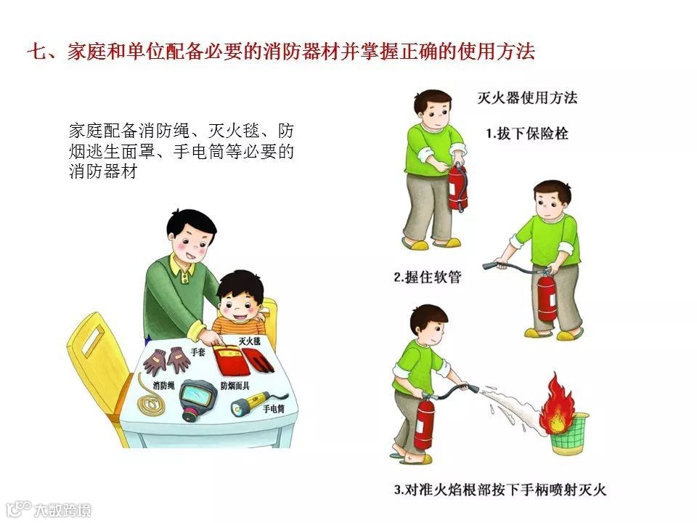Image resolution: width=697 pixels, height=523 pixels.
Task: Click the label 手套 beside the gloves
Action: tap(198, 352)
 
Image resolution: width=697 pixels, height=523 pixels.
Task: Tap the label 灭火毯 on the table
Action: tap(249, 341)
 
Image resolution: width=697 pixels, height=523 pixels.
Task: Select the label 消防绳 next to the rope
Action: tap(163, 385)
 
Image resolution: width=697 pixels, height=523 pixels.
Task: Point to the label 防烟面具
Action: tap(235, 386)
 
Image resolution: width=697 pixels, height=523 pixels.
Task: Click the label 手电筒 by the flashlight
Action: tap(274, 408)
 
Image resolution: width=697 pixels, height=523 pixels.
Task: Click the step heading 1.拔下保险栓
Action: tap(527, 134)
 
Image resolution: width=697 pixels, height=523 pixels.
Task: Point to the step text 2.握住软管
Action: tap(428, 277)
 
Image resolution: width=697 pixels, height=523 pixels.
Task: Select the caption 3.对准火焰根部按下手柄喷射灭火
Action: tap(500, 490)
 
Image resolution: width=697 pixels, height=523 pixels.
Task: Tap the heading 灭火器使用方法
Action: tap(527, 97)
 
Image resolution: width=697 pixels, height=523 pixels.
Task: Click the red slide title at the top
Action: tap(281, 51)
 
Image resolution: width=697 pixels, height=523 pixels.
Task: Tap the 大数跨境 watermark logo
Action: tap(49, 510)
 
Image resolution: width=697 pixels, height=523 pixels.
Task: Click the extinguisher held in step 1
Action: tap(458, 187)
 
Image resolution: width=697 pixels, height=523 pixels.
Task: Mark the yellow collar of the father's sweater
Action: tap(183, 266)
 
